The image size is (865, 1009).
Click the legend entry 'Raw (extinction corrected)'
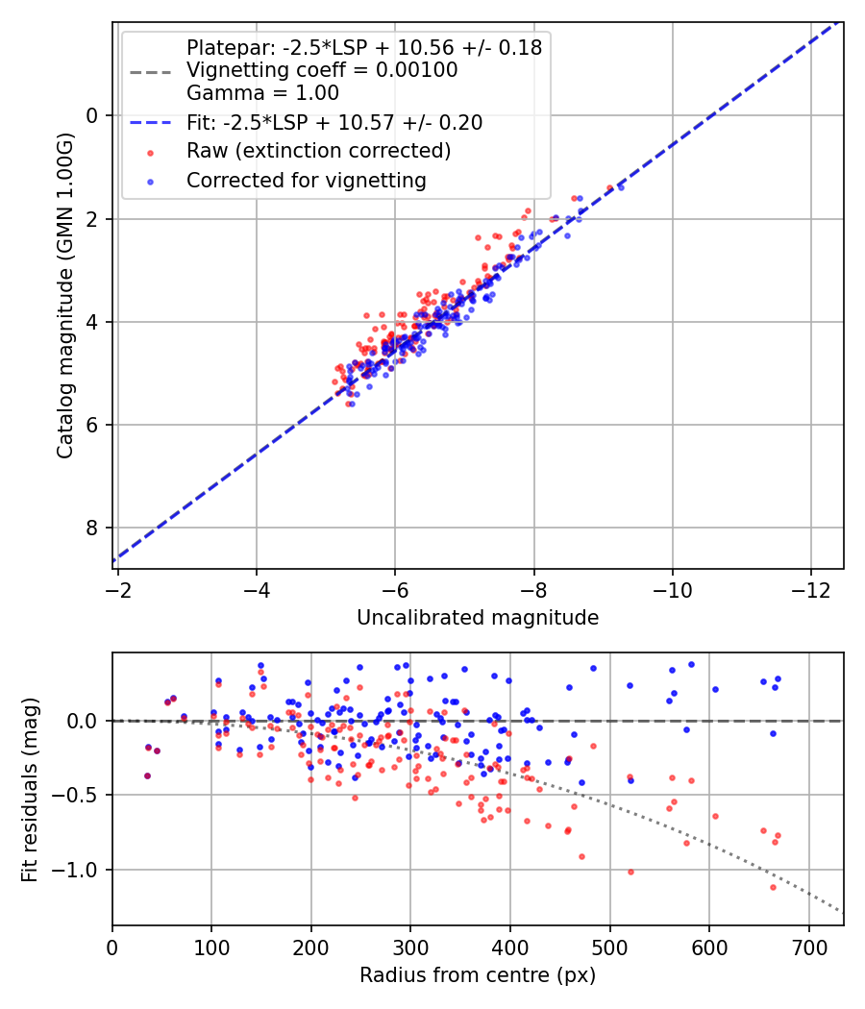click(x=318, y=151)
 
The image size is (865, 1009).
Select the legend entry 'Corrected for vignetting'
click(x=307, y=180)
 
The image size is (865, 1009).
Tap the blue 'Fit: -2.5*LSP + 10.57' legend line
click(x=150, y=123)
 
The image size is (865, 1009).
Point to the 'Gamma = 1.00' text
click(x=262, y=93)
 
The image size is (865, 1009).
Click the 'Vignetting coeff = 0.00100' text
click(x=322, y=70)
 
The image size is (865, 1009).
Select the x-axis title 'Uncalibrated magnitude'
click(x=478, y=618)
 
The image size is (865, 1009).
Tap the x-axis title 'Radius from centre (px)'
click(x=478, y=975)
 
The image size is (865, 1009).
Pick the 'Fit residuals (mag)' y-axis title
click(x=30, y=790)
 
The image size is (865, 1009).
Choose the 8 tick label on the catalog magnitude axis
click(x=93, y=529)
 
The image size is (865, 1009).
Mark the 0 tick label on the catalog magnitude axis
click(x=93, y=116)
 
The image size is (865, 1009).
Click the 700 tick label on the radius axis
click(x=808, y=947)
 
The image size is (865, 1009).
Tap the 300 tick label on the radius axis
click(x=410, y=947)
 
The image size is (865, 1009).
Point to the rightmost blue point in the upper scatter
click(x=621, y=186)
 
